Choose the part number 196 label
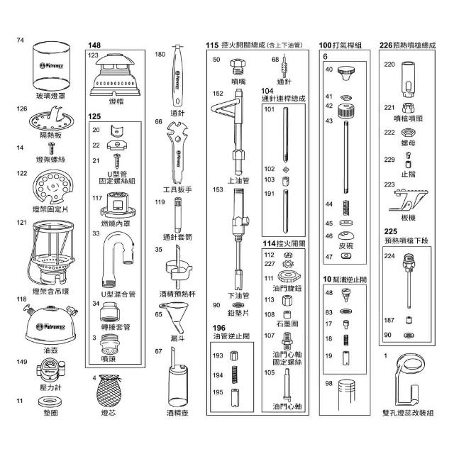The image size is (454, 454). click(x=218, y=327)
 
